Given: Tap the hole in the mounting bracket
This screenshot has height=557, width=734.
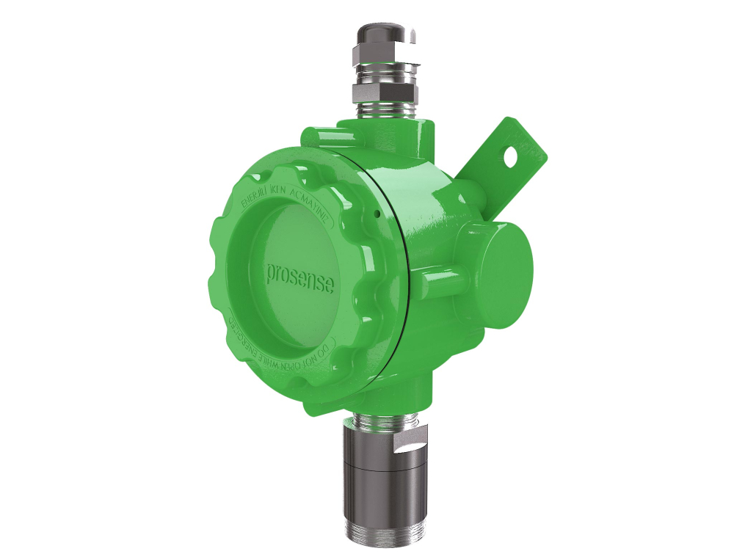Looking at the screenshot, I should coord(509,155).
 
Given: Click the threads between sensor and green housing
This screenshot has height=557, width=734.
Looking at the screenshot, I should coord(382,421).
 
